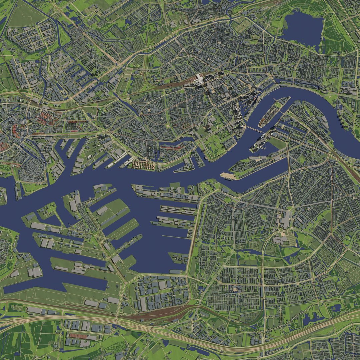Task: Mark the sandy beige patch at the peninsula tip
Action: (x=228, y=176)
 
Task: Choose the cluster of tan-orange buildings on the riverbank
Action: (x=143, y=165)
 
